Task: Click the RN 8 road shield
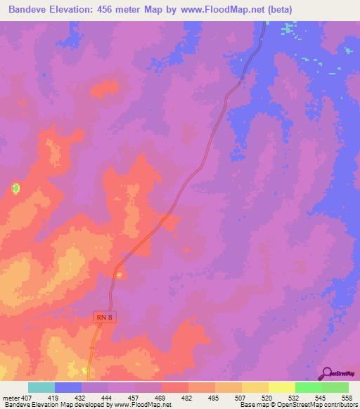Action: (x=104, y=318)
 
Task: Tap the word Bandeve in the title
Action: (x=30, y=10)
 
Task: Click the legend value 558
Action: (x=347, y=397)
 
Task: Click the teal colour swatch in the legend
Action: (x=41, y=387)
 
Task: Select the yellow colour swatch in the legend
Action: (x=281, y=387)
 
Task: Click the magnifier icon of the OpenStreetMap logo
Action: (x=327, y=372)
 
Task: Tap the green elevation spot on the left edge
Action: (x=15, y=188)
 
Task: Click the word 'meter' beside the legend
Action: (x=12, y=397)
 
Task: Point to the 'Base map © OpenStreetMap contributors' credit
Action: (x=298, y=405)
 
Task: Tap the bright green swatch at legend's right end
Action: (x=335, y=387)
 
